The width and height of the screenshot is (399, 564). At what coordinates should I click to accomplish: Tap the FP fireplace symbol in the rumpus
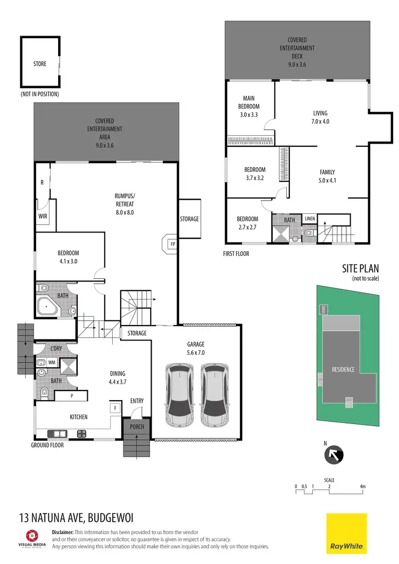(x=172, y=244)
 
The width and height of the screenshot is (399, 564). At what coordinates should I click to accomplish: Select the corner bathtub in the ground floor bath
(x=49, y=307)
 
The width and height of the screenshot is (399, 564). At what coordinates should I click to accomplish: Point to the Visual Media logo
(x=32, y=538)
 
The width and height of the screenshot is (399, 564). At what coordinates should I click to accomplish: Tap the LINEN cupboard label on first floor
(x=310, y=219)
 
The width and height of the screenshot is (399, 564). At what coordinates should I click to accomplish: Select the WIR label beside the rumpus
(x=43, y=217)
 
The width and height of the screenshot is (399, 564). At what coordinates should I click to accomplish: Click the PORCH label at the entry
(x=137, y=427)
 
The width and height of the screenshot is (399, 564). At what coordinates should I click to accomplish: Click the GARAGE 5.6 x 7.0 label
(x=196, y=348)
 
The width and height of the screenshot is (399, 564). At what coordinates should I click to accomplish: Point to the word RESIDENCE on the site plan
(x=343, y=369)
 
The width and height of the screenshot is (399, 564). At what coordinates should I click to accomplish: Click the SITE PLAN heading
(x=360, y=269)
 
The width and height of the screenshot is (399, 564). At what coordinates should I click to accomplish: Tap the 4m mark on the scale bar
(x=362, y=486)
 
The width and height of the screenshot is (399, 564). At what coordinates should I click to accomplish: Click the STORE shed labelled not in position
(x=40, y=64)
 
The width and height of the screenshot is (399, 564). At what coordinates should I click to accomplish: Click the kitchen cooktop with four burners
(x=82, y=433)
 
